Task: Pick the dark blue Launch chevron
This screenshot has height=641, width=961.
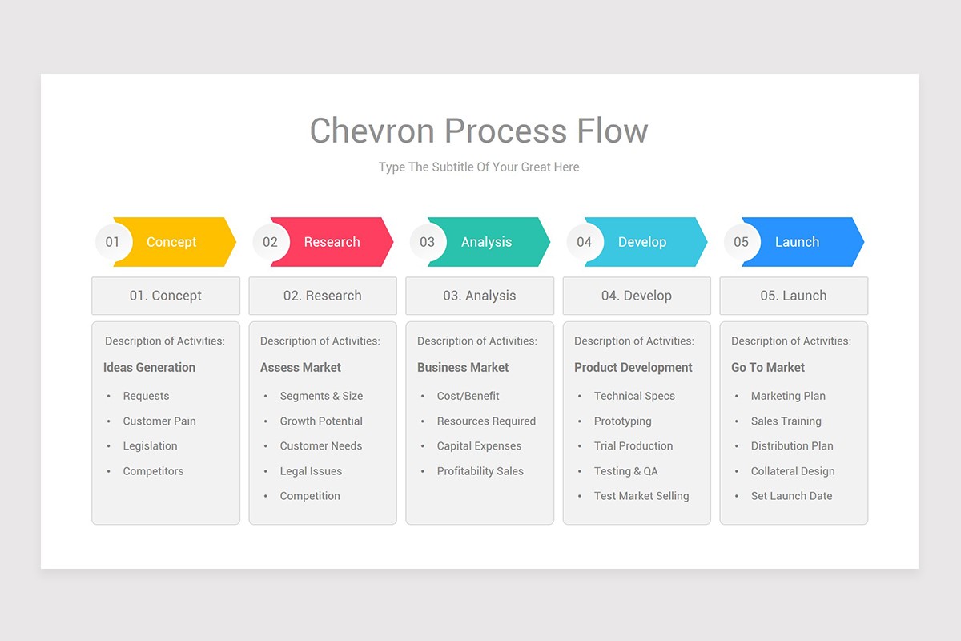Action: [x=805, y=242]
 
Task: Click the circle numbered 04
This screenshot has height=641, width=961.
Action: [x=585, y=242]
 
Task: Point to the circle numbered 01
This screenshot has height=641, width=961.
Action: [x=113, y=242]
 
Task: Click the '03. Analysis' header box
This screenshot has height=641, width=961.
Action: [x=480, y=296]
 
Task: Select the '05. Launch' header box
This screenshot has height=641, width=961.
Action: [x=794, y=296]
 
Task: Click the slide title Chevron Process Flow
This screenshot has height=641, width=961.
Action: [x=479, y=131]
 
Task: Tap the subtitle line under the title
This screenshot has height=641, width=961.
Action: [x=479, y=167]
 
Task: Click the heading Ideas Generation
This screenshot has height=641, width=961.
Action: [x=149, y=368]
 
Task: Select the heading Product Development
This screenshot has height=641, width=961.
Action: [x=633, y=368]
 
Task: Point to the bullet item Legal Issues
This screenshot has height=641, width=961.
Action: [x=311, y=471]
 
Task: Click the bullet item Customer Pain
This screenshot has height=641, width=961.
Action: [x=159, y=421]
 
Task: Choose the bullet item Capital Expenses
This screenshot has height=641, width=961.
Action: [x=479, y=446]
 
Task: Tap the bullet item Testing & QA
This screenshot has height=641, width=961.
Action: [x=625, y=471]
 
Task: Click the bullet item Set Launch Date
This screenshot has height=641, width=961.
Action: [x=791, y=496]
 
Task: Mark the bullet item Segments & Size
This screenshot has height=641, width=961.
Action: [x=321, y=396]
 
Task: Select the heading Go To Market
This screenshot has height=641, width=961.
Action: [x=768, y=368]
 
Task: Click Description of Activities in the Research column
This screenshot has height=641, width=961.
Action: [x=320, y=341]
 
